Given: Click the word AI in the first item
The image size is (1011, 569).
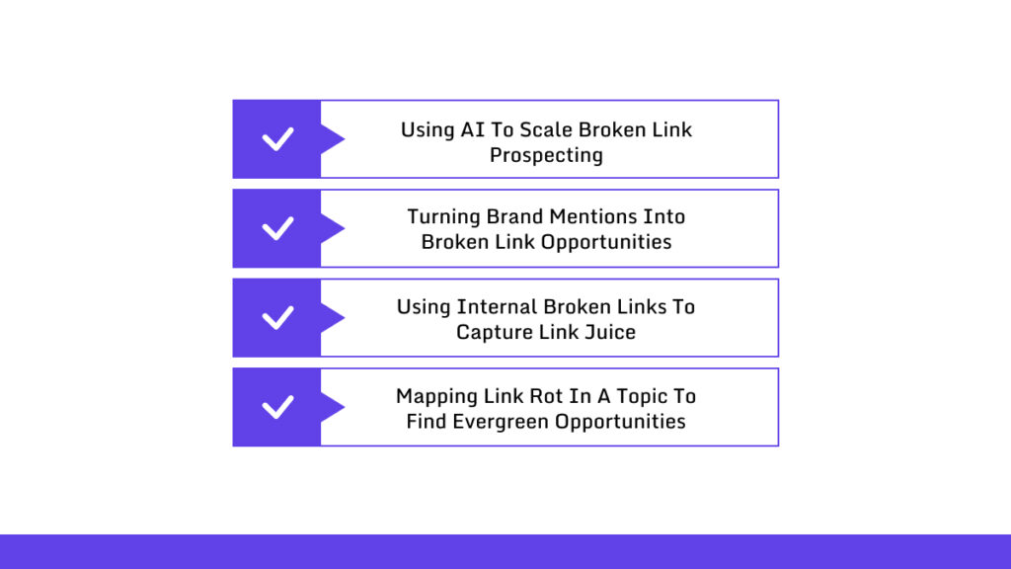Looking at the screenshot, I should pos(472,129).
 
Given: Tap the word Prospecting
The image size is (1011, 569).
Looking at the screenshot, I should pos(546,155).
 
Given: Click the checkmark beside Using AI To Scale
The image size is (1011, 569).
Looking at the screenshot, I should pos(277,139).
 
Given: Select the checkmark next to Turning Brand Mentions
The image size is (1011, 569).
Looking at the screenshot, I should pos(277,228).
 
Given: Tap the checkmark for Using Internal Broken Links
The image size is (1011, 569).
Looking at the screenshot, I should pos(277,318).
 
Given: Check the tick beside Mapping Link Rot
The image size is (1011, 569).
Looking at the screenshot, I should pos(277,407).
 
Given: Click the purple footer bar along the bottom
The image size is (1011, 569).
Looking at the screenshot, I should pos(505,551).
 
